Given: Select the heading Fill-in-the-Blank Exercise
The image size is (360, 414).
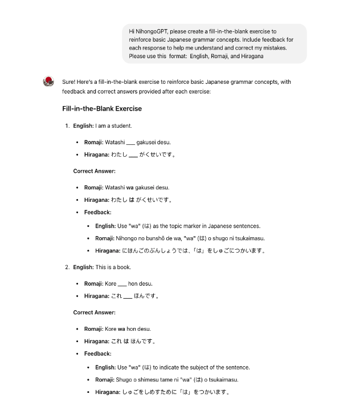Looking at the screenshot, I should click(x=102, y=108).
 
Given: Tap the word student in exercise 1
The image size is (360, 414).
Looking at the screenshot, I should click(x=122, y=125).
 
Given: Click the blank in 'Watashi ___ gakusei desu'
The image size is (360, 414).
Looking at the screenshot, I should click(x=130, y=142).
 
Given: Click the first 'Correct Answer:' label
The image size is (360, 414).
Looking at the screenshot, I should click(x=95, y=171).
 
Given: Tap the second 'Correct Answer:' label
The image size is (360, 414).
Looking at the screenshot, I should click(x=95, y=312).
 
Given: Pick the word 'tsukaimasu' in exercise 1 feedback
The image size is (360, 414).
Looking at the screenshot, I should click(x=251, y=238).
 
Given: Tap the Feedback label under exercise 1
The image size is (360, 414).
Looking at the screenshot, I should click(x=98, y=213).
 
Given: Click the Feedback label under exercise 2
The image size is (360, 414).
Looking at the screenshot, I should click(x=98, y=354).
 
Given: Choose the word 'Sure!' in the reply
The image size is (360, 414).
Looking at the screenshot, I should click(x=69, y=82).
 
